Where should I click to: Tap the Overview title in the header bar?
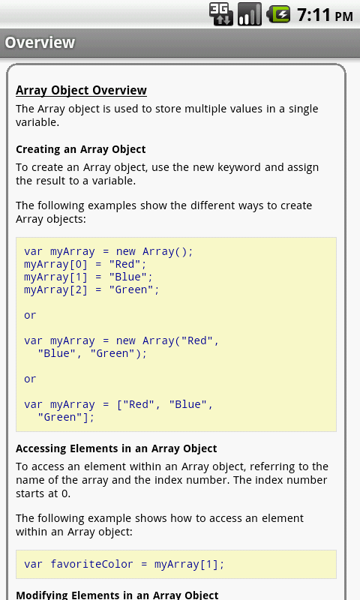[40, 43]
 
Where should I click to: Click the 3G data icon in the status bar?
[221, 14]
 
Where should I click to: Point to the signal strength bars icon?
[250, 14]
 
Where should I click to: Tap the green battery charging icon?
[278, 14]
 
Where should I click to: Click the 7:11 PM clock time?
[325, 15]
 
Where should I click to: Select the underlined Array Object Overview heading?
[81, 90]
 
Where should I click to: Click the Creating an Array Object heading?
[81, 149]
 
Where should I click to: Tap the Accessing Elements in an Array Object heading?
[116, 448]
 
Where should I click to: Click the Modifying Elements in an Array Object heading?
[117, 595]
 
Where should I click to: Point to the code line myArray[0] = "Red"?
[85, 265]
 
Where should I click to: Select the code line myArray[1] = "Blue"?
[88, 277]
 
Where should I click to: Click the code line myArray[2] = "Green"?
[91, 290]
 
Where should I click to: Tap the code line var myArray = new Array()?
[109, 252]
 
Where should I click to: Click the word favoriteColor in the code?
[91, 564]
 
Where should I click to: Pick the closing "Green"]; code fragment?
[66, 418]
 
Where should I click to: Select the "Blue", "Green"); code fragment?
[91, 353]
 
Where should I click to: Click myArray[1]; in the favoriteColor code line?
[189, 564]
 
